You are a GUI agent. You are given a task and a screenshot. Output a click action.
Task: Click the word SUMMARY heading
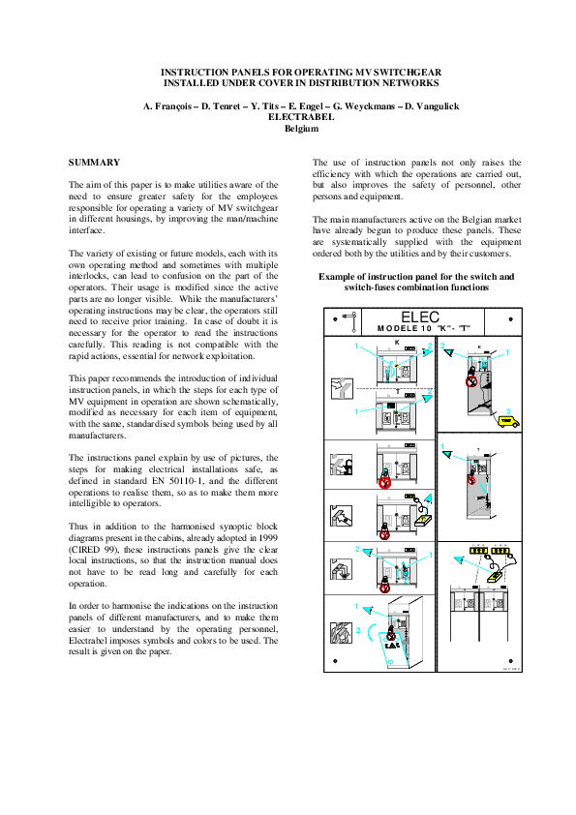pos(94,162)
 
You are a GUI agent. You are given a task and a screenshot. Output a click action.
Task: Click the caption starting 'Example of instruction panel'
pos(416,277)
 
